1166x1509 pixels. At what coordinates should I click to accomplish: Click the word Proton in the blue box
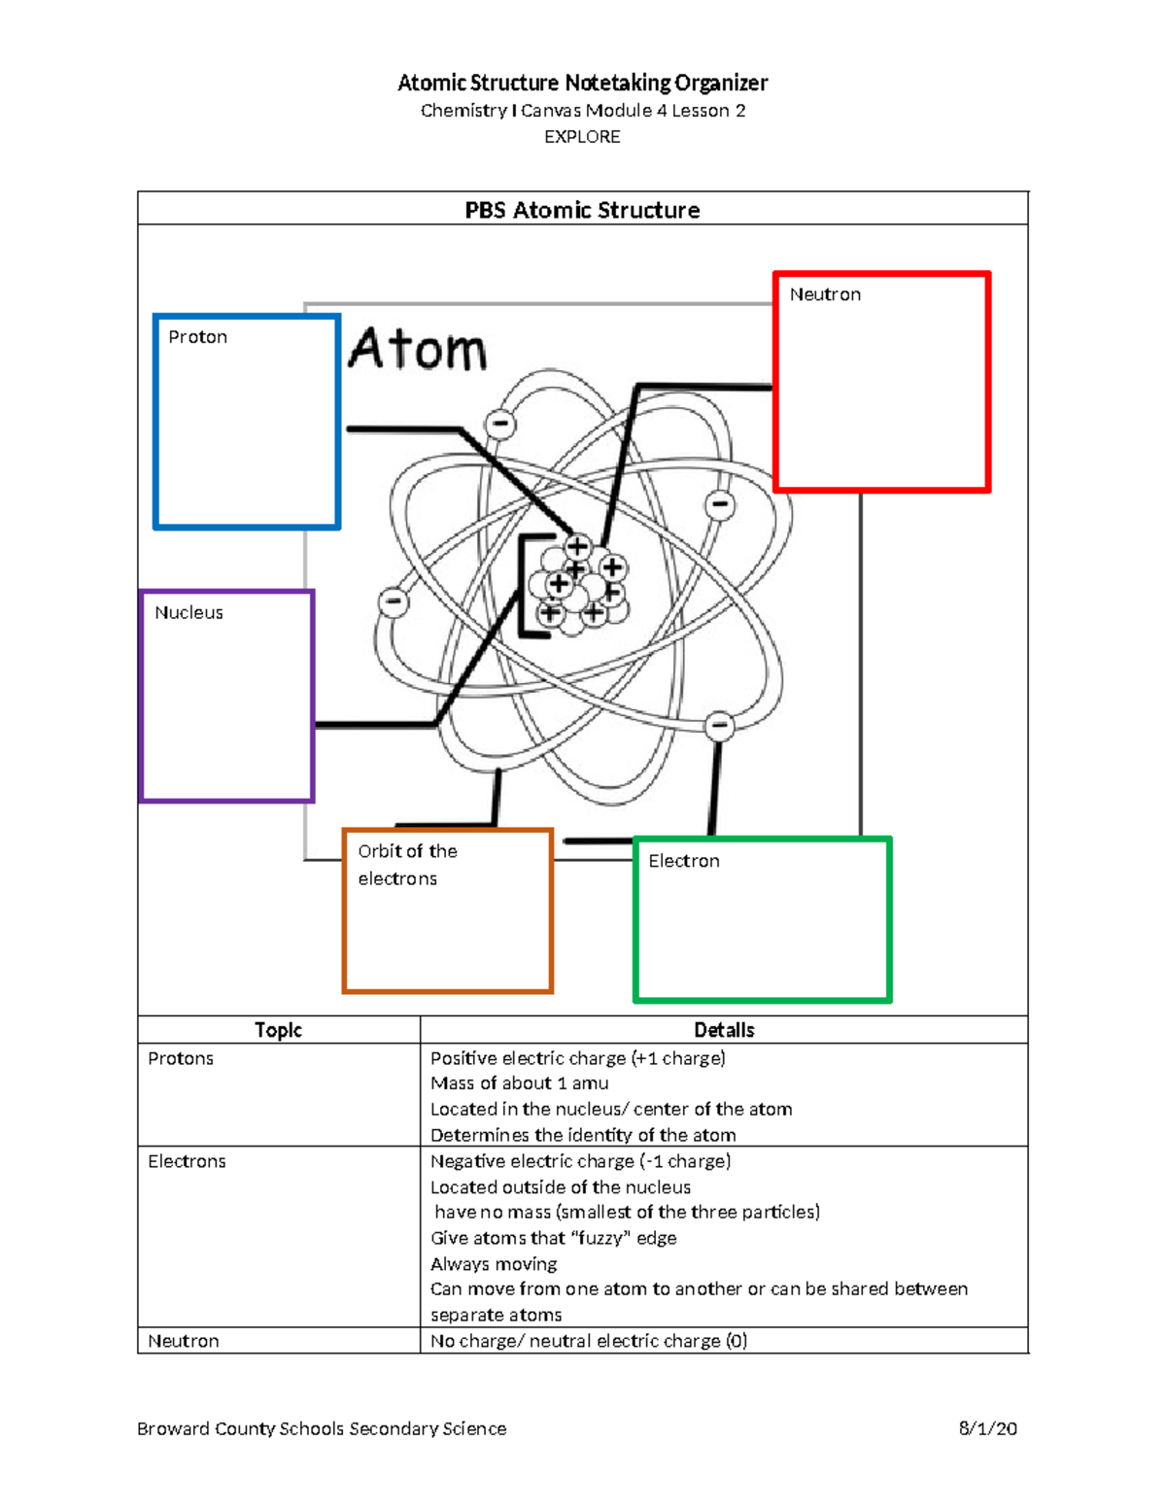click(197, 337)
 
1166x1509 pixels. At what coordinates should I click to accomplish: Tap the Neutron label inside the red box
click(825, 294)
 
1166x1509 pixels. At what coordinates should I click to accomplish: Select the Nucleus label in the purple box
click(189, 613)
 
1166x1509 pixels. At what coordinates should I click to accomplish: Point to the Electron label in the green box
click(684, 861)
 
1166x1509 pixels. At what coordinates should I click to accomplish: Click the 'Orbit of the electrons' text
click(406, 865)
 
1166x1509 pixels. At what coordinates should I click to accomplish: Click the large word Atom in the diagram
click(418, 350)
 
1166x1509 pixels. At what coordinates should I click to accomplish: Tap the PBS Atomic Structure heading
click(582, 210)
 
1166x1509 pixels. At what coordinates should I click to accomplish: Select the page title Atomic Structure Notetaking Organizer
click(582, 83)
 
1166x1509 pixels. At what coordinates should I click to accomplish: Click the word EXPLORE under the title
click(582, 137)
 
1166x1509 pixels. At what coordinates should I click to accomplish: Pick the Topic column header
click(278, 1030)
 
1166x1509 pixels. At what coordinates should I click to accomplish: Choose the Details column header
click(724, 1030)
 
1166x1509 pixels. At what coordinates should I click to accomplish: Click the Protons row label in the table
click(181, 1058)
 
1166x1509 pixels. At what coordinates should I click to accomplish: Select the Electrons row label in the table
click(187, 1161)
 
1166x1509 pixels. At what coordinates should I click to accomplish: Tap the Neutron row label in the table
click(184, 1341)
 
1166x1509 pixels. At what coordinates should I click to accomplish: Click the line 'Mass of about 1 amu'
click(520, 1083)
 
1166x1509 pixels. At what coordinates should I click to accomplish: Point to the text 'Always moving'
click(494, 1264)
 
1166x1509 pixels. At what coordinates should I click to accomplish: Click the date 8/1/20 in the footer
click(987, 1428)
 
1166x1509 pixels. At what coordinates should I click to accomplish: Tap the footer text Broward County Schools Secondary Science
click(322, 1428)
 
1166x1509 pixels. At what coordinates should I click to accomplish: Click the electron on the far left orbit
click(394, 602)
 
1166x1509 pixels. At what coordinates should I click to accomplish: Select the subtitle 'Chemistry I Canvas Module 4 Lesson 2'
click(582, 111)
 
